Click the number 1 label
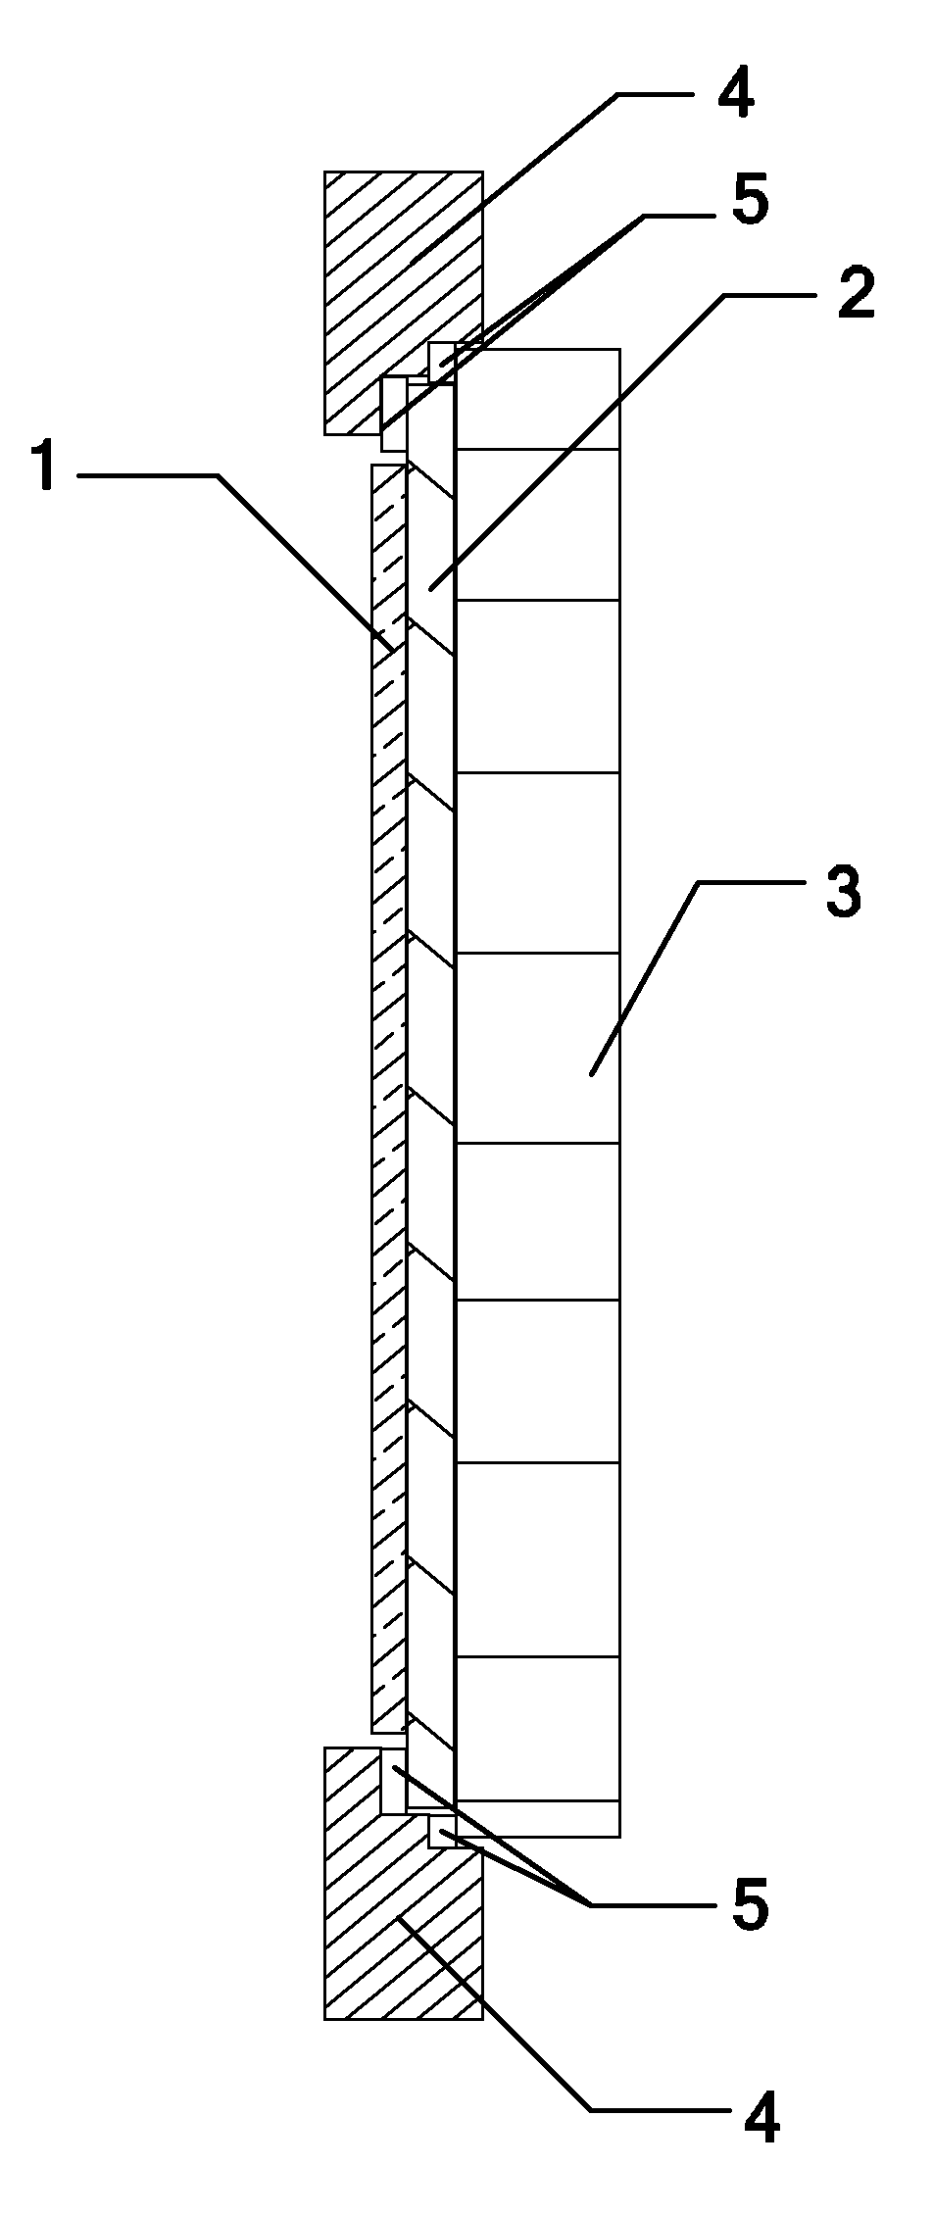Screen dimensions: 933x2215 [38, 475]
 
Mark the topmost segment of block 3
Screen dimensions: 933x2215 [538, 399]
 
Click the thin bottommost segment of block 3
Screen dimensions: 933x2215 [538, 1818]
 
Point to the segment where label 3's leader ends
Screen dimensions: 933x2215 [538, 1047]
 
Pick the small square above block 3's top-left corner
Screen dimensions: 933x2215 [442, 359]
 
